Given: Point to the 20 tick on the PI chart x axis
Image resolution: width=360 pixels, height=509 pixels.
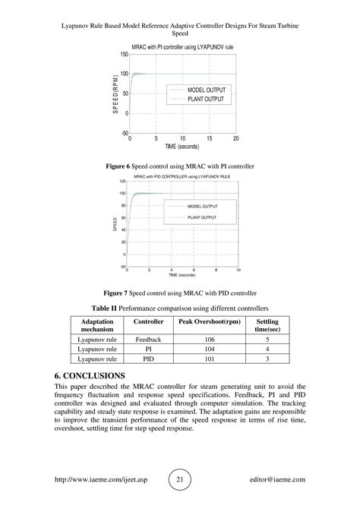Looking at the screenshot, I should click(236, 139).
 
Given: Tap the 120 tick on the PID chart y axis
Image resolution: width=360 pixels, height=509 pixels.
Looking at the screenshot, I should click(122, 182).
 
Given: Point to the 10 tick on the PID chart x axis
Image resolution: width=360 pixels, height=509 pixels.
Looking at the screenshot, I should click(238, 270).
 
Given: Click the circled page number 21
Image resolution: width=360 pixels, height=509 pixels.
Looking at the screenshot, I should click(179, 480).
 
